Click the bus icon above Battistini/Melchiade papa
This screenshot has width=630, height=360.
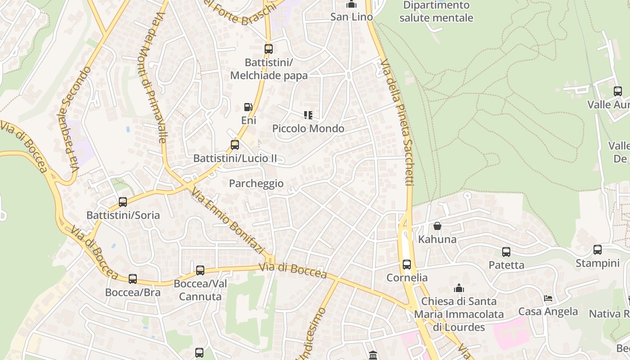point(269,49)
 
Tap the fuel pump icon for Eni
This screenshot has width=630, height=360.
point(248,107)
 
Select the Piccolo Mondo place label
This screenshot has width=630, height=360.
point(308,129)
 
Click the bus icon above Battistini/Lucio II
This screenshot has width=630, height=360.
point(234,145)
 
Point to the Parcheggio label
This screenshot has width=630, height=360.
point(256,184)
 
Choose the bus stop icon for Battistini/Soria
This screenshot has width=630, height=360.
point(123,202)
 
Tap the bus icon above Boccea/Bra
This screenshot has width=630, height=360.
point(133,279)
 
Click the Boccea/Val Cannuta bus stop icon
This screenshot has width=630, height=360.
point(200,270)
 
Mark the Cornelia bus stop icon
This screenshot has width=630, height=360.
point(407,264)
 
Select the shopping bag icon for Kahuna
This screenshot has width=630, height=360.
point(437,226)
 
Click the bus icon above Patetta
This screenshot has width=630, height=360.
point(506,252)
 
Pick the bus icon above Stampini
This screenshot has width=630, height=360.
point(598,250)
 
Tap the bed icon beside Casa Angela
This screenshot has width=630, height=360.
point(548,298)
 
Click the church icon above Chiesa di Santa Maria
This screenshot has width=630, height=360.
point(459,288)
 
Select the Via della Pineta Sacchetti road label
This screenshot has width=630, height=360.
point(397,121)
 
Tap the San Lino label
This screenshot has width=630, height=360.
point(351,17)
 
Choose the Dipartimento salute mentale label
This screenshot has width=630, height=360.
point(436,12)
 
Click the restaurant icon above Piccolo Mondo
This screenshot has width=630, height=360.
point(308,115)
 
